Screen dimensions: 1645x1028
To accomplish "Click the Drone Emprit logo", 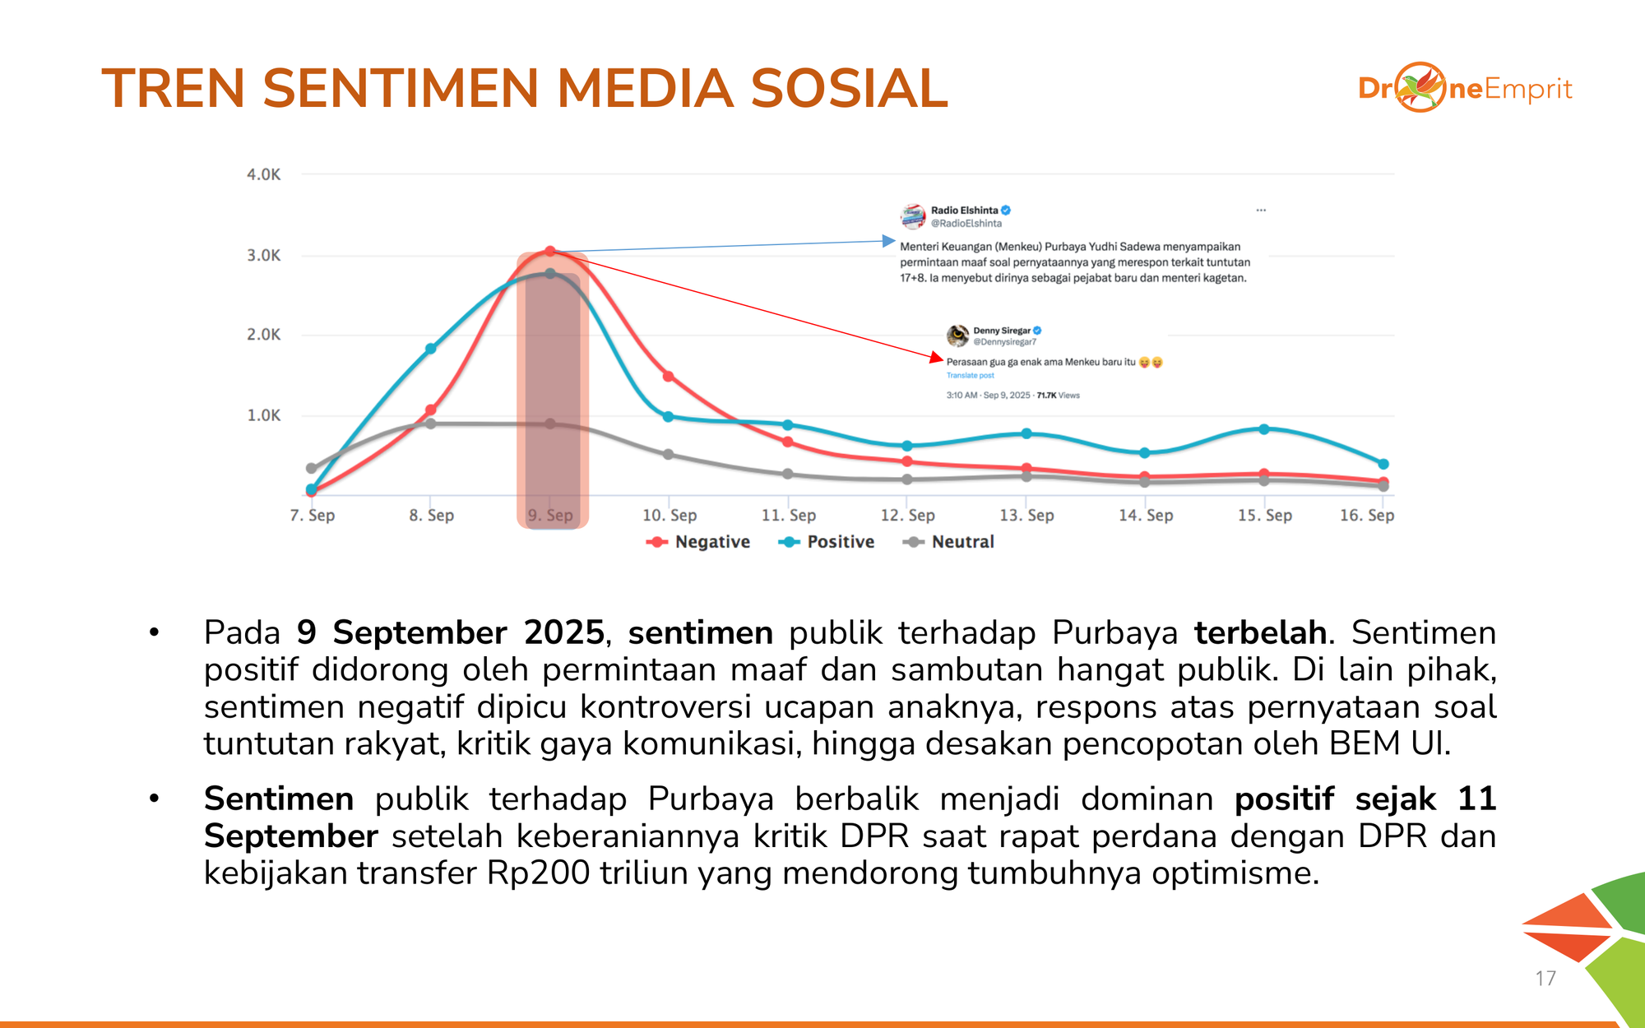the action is click(1465, 87).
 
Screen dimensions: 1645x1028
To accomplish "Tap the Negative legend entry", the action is click(698, 542).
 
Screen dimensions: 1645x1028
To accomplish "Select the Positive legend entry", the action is click(826, 542).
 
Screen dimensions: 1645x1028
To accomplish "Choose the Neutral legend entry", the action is click(948, 542).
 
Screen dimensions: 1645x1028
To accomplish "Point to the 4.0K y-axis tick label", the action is click(264, 174).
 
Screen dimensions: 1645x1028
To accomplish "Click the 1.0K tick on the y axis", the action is click(264, 415).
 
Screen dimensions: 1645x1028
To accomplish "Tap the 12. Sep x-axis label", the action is click(907, 515).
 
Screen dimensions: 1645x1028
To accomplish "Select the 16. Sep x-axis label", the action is click(1367, 515).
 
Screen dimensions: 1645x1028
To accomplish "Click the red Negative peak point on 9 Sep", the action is click(550, 251).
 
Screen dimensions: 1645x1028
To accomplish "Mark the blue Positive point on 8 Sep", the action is click(430, 349).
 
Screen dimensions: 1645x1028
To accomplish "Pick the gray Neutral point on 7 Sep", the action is click(311, 469).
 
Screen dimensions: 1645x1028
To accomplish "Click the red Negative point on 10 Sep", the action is click(669, 377).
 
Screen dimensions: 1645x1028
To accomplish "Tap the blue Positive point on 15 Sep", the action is click(1264, 429).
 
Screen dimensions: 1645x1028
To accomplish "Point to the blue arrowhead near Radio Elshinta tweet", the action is click(889, 241).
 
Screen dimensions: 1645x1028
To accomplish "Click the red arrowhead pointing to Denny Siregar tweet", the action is click(936, 358).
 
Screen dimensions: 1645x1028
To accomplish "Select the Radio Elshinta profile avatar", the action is click(913, 216).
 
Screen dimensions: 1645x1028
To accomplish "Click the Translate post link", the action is click(970, 376).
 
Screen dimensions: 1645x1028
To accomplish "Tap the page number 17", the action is click(1545, 979).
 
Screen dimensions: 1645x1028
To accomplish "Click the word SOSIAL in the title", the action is click(850, 88).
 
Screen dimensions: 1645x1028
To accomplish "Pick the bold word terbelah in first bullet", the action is click(1260, 632).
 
